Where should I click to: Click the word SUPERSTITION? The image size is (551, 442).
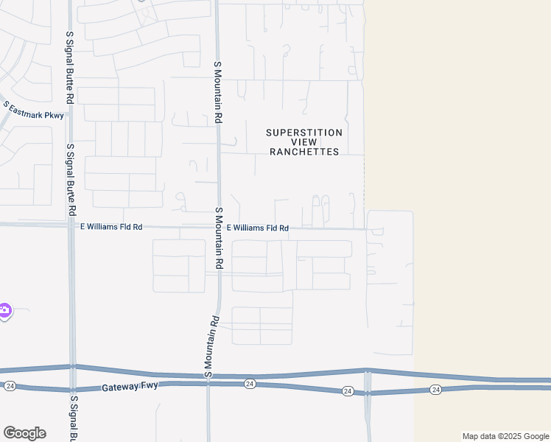click(304, 133)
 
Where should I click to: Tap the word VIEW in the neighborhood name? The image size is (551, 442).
click(304, 142)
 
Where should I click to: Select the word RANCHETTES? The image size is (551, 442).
click(304, 152)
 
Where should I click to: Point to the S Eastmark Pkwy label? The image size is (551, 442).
click(34, 110)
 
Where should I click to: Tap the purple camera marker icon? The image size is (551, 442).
click(4, 311)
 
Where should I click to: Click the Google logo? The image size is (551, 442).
click(24, 433)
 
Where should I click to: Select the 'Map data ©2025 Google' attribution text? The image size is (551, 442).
click(505, 436)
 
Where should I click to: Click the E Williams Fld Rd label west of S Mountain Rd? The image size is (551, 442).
click(111, 227)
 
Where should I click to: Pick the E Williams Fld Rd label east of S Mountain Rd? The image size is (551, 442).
click(257, 228)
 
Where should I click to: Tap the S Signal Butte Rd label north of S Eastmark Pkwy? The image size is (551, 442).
click(70, 66)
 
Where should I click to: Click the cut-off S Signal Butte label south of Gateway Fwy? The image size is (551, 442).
click(74, 418)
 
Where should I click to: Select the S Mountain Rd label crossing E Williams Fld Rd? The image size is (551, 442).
click(219, 237)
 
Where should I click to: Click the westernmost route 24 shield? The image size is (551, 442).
click(10, 385)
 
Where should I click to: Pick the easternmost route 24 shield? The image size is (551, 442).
click(435, 389)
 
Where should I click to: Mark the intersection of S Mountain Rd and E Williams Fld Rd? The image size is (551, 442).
click(219, 228)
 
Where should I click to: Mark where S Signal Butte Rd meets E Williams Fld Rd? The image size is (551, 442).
click(71, 225)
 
